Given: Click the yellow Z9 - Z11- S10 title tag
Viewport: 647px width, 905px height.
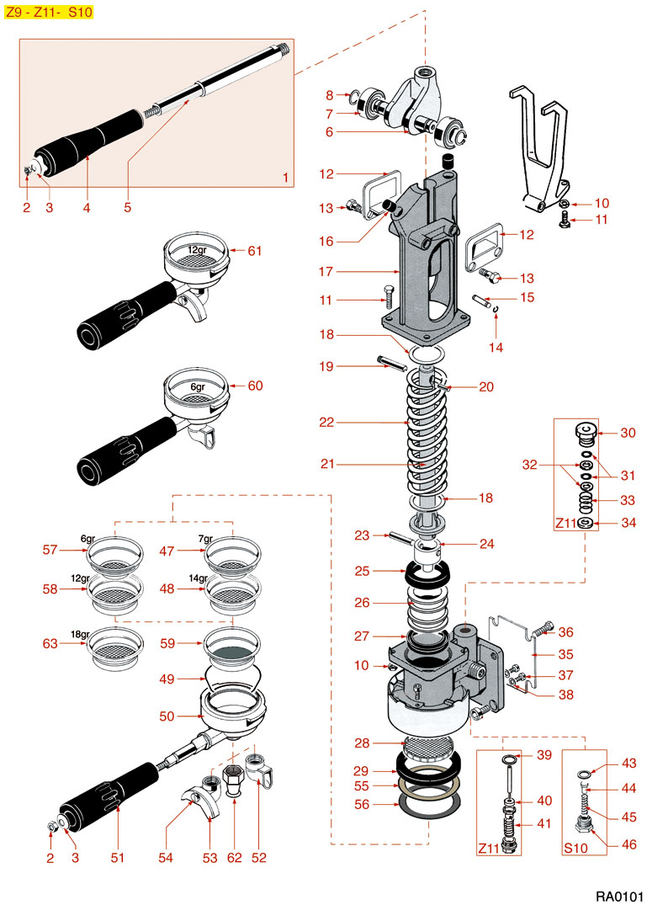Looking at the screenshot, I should point(48,13).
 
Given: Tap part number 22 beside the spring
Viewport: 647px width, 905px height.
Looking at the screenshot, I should point(326,422).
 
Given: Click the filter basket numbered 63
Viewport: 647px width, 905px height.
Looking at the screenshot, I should point(113,650).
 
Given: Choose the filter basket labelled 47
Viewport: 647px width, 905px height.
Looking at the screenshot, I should point(232,556).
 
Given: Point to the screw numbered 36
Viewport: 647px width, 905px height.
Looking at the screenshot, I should point(544,629).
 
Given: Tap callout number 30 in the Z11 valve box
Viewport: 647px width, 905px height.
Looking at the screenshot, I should point(628,434).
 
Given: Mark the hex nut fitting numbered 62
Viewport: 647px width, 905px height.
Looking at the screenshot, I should point(234,779).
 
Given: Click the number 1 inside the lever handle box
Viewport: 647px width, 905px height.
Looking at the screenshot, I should point(286,178).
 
